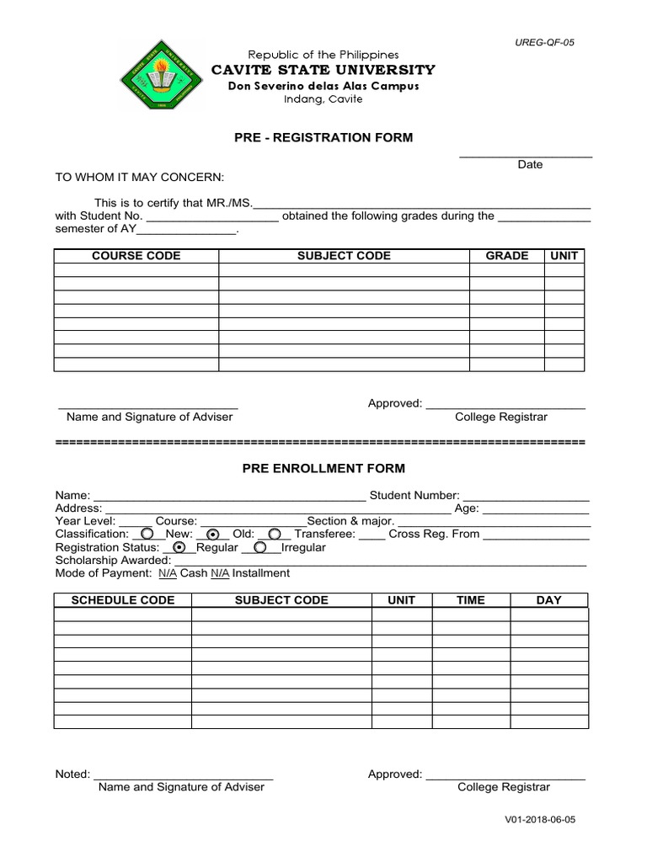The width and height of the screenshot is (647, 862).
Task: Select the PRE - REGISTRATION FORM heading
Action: point(323,137)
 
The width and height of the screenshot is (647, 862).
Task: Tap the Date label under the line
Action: point(530,165)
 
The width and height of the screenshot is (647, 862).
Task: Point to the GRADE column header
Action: point(507,256)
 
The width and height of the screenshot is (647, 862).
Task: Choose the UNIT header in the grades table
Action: point(564,256)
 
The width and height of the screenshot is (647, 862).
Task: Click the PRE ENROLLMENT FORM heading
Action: point(323,468)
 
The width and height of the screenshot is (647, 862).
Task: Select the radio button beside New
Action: point(147,534)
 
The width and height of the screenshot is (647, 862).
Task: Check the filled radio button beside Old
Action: point(213,534)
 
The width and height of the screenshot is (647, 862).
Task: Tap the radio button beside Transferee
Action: point(275,534)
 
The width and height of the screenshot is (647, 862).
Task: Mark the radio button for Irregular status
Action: point(260,547)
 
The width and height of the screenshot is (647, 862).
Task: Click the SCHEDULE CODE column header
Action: point(123,600)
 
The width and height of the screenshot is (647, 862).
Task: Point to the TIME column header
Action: point(470,600)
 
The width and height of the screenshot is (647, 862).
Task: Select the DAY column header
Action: point(548,600)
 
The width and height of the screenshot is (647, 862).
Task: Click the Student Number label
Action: point(414,496)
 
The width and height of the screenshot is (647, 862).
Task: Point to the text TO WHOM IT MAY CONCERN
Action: point(140,178)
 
